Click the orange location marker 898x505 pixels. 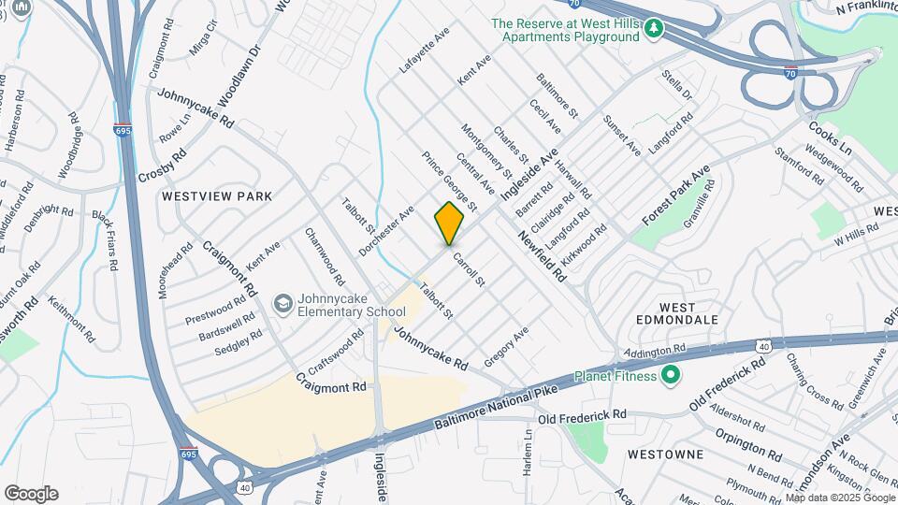pos(449,223)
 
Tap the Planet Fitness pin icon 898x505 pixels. pos(670,376)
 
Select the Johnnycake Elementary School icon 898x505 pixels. pos(282,304)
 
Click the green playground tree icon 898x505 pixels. pos(654,30)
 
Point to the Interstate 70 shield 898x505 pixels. pos(790,71)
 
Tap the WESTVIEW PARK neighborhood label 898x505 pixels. pos(216,196)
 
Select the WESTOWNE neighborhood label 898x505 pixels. pos(666,454)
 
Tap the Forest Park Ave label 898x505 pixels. pos(676,195)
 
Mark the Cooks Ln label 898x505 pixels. pos(830,137)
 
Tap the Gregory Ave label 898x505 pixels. pos(506,346)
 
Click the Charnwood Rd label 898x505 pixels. pos(324,255)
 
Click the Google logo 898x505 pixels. pos(31,494)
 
